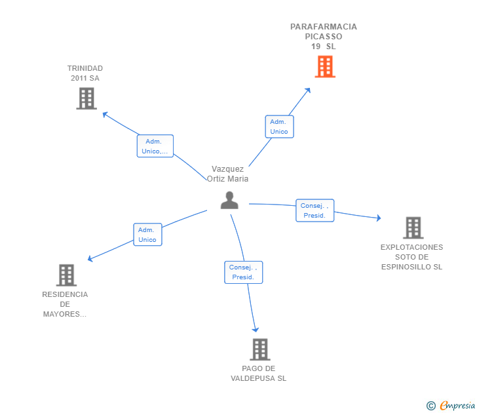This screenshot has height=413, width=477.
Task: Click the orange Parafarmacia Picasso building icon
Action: pos(324,66)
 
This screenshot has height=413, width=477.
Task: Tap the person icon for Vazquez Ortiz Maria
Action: pos(229,200)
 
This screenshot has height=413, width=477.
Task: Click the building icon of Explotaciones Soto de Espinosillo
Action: pos(412,227)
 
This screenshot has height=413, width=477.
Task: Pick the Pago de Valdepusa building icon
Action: pos(259,349)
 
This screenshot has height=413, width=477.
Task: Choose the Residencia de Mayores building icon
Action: pos(66,275)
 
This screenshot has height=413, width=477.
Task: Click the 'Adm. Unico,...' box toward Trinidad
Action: pos(155,146)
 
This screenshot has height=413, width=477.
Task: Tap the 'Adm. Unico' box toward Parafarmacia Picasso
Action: pos(279,127)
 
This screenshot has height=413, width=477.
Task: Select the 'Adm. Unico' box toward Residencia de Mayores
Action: pos(147,235)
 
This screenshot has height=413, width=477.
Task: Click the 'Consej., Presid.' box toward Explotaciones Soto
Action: pos(315,210)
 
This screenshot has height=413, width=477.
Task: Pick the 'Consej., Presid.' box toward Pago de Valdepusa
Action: pos(244,272)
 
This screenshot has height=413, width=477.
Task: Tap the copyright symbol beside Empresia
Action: pos(430,406)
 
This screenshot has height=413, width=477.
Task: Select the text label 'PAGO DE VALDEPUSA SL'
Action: pos(258,373)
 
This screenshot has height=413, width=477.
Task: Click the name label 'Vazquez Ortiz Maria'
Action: pos(227,174)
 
